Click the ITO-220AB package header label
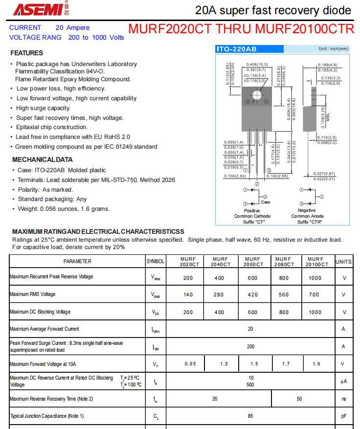click(237, 49)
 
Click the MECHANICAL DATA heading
click(42, 159)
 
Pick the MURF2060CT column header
click(253, 262)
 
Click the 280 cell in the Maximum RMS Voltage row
click(220, 294)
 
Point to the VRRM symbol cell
click(155, 278)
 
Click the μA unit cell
click(344, 381)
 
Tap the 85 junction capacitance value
click(250, 416)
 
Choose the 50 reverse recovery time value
click(299, 399)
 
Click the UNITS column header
click(343, 262)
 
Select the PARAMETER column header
click(77, 262)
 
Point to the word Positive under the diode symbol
click(252, 210)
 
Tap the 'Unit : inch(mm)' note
click(334, 49)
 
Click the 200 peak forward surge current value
click(250, 346)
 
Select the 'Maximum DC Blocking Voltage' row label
click(40, 312)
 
